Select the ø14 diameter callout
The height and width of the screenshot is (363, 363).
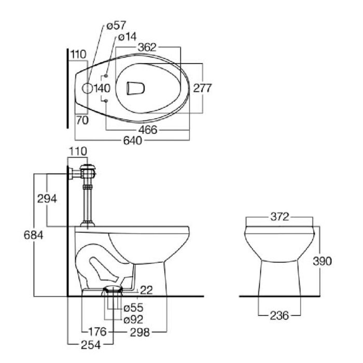point(127,37)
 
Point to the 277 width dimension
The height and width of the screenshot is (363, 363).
point(203,88)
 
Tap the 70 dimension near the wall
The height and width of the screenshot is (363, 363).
point(81,120)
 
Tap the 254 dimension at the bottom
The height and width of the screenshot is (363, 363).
point(91,343)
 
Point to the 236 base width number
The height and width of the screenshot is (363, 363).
point(279,315)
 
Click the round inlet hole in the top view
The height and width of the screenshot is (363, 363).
point(87,88)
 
